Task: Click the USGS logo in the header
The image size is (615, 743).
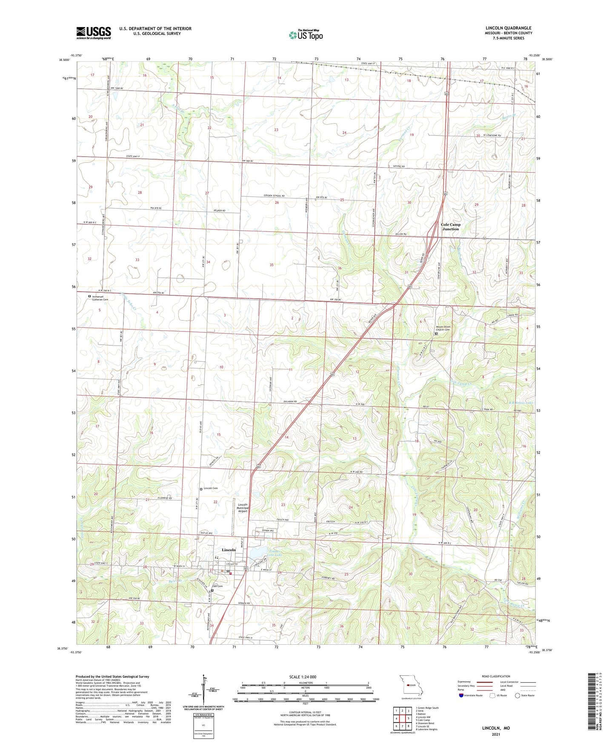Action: click(94, 33)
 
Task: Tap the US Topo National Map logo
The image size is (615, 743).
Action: click(305, 34)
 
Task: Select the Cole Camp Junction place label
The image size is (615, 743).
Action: click(450, 227)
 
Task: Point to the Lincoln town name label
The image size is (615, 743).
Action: click(229, 550)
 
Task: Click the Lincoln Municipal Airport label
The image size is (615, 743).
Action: click(243, 508)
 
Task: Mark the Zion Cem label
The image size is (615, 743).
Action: click(217, 586)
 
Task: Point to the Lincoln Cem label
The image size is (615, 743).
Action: click(211, 488)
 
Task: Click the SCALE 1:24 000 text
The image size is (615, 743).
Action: click(303, 677)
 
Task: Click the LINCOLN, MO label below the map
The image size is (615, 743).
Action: click(496, 728)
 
